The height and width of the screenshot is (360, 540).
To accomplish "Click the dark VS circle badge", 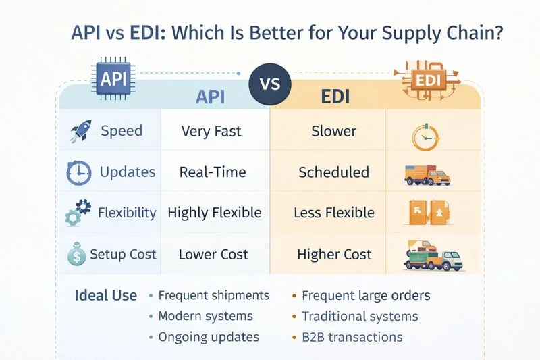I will tap(269, 86).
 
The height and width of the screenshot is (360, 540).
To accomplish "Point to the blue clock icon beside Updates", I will tap(79, 172).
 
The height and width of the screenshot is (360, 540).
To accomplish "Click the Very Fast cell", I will tap(211, 131).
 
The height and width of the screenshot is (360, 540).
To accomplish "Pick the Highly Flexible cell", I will tap(214, 213).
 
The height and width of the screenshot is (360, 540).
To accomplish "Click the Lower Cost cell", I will tap(213, 255).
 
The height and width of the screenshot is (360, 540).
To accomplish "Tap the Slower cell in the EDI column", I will tap(333, 131).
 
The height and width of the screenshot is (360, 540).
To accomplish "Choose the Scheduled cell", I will tap(333, 172).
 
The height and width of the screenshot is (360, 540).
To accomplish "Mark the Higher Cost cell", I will tap(334, 255).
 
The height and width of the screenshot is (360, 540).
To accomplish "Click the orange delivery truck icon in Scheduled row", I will tap(427, 175).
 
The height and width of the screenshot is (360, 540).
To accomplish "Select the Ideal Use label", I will tap(105, 296).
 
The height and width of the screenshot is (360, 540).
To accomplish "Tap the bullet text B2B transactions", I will tap(352, 337).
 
